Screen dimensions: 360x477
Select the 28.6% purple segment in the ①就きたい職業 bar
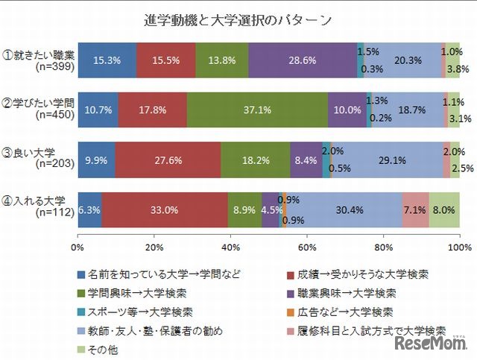click(x=303, y=60)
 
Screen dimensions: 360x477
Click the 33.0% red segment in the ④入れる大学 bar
click(x=165, y=211)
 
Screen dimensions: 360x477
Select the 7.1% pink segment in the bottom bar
click(x=416, y=211)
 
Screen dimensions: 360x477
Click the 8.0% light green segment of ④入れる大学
click(x=444, y=211)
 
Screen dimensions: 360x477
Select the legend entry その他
click(x=104, y=348)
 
